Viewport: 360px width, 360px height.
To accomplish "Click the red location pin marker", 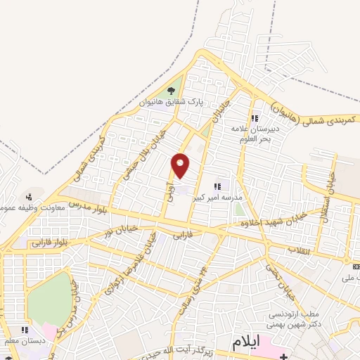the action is [x=181, y=165].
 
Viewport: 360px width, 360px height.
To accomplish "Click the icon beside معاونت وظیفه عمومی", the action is [x=29, y=196].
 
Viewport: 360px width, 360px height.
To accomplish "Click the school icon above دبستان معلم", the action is [x=25, y=329].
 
